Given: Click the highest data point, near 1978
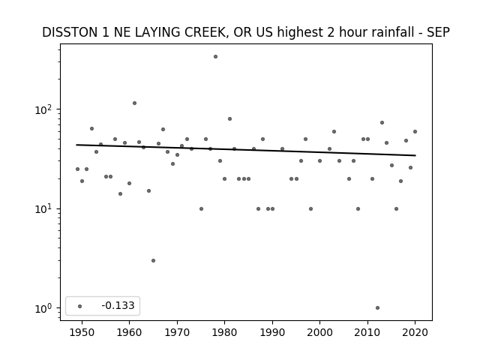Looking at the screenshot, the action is (x=215, y=57).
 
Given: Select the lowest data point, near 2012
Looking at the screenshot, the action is (x=377, y=308).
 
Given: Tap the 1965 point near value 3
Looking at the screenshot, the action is (x=153, y=260).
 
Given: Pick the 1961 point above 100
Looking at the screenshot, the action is (x=134, y=103).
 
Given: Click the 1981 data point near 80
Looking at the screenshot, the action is (x=230, y=118).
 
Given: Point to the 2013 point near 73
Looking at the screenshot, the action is (x=382, y=122).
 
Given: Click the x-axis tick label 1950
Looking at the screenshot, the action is (x=82, y=332).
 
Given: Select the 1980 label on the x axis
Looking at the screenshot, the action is (x=224, y=332).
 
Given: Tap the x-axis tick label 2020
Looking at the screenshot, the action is (x=415, y=332).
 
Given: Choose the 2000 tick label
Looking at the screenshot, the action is (x=319, y=332).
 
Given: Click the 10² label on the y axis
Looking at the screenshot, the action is (x=45, y=109).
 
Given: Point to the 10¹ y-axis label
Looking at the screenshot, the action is (x=45, y=208).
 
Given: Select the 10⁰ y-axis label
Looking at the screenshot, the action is (x=45, y=308).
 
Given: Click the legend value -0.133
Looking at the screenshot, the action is (x=118, y=305).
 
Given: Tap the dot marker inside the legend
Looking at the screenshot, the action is (x=80, y=306).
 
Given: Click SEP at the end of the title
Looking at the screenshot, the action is (x=439, y=32).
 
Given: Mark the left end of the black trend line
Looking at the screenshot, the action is (x=76, y=145).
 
